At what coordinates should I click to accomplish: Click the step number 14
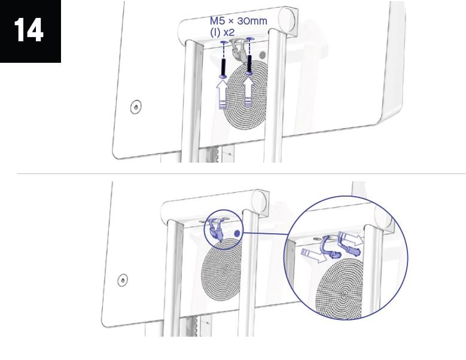tap(29, 30)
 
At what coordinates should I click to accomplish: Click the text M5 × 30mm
tap(238, 21)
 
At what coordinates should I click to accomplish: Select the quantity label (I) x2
tap(223, 32)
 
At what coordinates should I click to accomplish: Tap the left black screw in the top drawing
tap(224, 67)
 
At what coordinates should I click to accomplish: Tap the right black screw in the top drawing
tap(249, 63)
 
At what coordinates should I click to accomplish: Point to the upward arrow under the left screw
tap(222, 94)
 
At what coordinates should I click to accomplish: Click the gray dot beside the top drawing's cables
tap(263, 55)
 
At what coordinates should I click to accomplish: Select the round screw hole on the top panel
tap(136, 106)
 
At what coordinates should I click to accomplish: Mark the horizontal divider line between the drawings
tap(241, 173)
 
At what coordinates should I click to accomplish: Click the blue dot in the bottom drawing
tap(237, 233)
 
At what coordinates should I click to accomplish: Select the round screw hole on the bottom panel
tap(123, 280)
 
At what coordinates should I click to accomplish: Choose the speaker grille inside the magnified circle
tap(339, 289)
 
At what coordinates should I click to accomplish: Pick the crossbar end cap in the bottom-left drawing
tap(260, 202)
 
